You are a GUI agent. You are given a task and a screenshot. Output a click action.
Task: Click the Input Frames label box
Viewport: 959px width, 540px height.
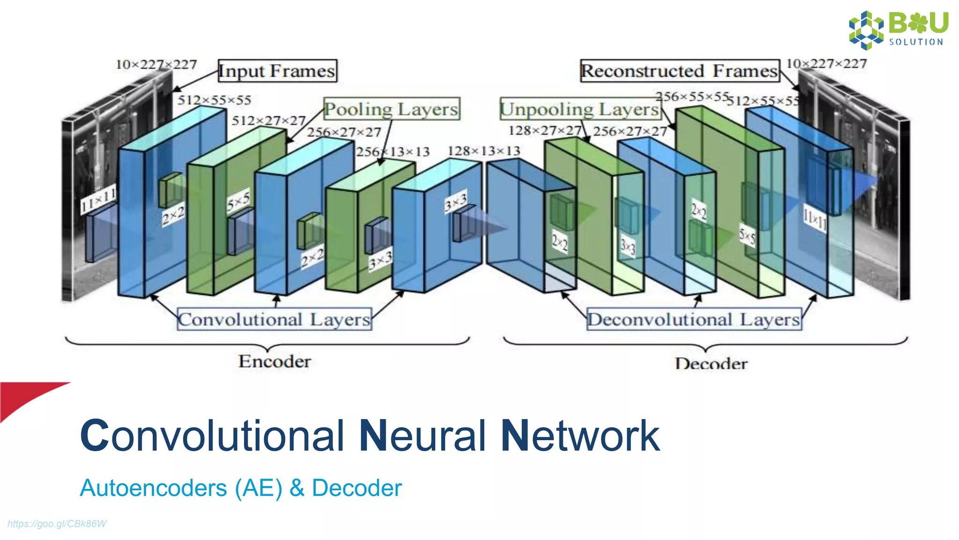(x=277, y=71)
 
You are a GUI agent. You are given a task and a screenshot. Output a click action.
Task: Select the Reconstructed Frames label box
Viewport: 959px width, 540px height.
(x=679, y=71)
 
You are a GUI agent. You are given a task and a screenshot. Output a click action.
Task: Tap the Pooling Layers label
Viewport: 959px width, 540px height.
(x=391, y=109)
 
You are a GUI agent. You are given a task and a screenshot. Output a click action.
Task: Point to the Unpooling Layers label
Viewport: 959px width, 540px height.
(x=580, y=109)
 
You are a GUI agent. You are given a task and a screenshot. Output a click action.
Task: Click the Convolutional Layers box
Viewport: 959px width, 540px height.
(x=274, y=319)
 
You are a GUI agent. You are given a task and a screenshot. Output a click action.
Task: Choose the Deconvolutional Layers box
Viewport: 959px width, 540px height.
(x=694, y=319)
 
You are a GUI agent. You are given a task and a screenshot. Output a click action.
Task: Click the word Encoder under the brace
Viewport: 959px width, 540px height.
(x=274, y=361)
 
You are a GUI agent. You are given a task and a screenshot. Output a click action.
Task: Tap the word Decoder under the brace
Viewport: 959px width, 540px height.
(x=711, y=363)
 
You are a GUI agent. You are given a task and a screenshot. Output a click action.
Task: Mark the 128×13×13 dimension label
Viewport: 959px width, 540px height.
(x=484, y=151)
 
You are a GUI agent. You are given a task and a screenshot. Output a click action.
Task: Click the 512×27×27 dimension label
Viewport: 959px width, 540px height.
(x=268, y=120)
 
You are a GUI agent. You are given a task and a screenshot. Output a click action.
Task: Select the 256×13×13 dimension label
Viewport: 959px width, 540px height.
(x=392, y=152)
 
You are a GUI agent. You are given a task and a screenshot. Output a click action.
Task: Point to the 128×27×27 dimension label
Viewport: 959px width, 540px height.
(x=545, y=130)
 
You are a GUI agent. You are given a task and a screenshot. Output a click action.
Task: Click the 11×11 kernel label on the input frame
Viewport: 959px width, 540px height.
(x=98, y=200)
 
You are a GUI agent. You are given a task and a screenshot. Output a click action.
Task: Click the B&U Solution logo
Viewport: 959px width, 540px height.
(x=898, y=30)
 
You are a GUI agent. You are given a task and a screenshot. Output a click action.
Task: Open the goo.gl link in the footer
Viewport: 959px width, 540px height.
(x=57, y=524)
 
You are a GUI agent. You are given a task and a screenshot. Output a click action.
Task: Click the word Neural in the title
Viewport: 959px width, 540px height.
(x=423, y=436)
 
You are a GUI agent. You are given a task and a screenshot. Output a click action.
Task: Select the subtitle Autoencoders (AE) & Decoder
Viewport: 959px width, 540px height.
(x=241, y=488)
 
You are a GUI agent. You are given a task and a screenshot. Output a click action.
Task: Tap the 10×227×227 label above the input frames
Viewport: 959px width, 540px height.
(x=156, y=64)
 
